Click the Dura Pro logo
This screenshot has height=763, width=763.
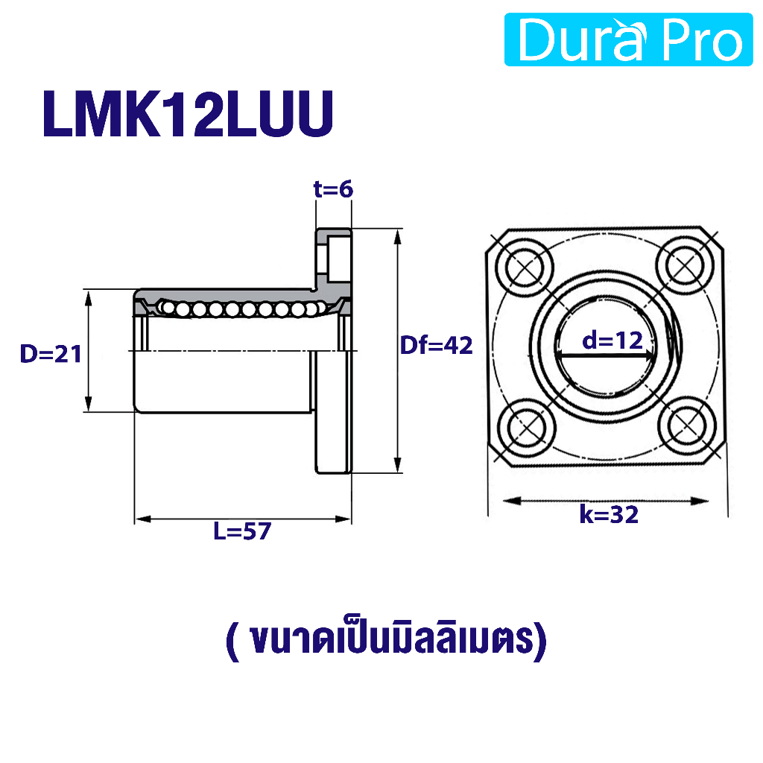click(x=628, y=39)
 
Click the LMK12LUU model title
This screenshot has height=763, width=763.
click(x=188, y=114)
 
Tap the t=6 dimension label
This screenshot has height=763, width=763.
click(x=333, y=189)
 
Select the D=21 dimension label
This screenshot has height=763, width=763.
click(x=51, y=354)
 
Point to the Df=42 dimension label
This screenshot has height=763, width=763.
click(x=436, y=346)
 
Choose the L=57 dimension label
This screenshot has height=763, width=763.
click(x=242, y=531)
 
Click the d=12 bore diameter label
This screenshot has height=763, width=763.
click(x=612, y=340)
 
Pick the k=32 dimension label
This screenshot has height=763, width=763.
click(x=609, y=514)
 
